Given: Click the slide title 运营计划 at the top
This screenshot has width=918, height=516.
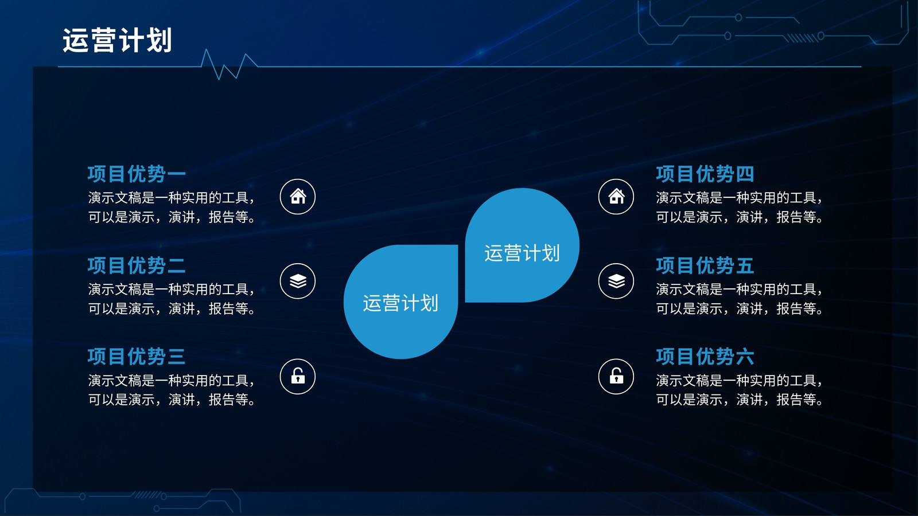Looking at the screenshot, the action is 117,40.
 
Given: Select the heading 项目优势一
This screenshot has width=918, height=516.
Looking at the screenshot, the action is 137,174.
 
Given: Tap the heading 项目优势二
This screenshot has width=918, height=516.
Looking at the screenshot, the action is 137,265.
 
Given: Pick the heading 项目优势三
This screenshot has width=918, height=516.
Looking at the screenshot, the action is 137,356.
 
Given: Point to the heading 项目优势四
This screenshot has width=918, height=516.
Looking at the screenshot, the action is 705,174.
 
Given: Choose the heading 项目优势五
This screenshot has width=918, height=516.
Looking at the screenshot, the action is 705,265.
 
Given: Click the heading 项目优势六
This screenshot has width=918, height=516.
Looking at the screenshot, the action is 705,356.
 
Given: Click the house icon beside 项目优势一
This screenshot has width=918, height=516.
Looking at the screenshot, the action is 298,197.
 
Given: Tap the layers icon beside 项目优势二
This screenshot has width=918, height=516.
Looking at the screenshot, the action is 298,281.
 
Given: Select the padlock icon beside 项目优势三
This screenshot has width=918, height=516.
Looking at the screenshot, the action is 298,376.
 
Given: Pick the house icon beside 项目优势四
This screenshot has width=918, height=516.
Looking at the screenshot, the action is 616,197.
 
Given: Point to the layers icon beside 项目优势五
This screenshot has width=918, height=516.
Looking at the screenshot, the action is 616,281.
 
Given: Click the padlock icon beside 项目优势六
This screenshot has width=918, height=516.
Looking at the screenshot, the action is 616,376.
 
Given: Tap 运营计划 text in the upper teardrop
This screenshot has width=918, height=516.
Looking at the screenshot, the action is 522,253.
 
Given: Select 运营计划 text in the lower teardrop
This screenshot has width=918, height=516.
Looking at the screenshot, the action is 400,303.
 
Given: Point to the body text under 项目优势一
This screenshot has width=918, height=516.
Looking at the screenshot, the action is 172,207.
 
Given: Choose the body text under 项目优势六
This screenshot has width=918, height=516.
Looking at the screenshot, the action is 740,390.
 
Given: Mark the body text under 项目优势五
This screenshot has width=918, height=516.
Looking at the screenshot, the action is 740,299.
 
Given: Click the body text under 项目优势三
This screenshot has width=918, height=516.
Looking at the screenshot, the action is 172,390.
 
